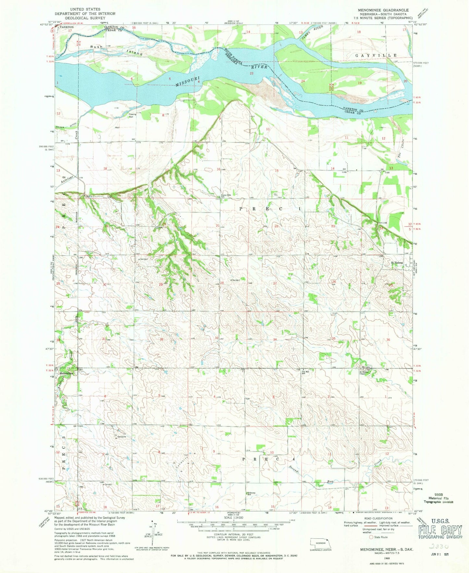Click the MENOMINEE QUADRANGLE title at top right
(x=383, y=10)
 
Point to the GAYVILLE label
(x=376, y=56)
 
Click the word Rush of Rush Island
(x=96, y=47)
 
